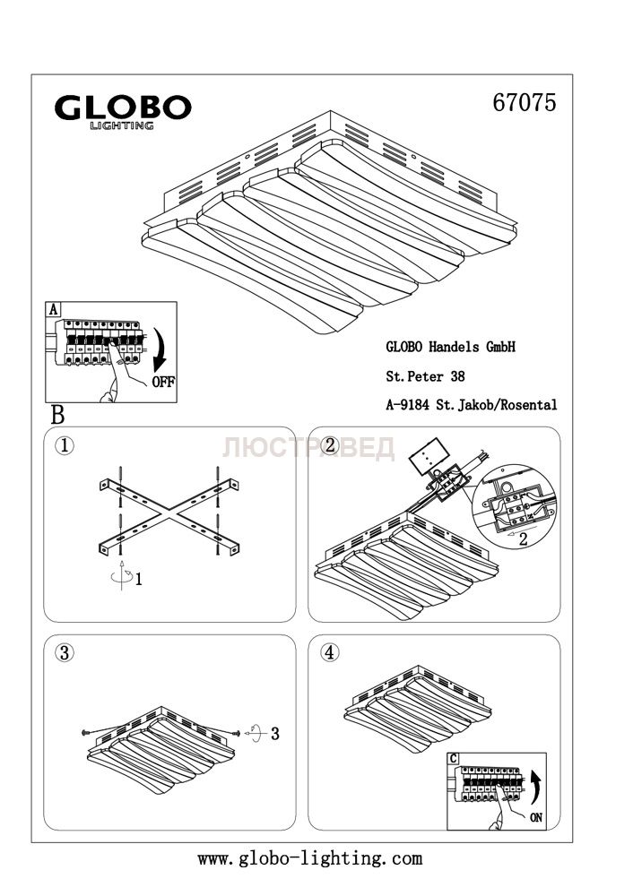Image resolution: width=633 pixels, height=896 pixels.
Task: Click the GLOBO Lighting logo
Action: coord(123,111)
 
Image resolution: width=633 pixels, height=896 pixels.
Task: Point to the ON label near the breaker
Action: coord(536,817)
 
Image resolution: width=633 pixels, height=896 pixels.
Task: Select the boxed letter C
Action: coord(454,759)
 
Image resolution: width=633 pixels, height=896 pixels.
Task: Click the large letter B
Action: coord(57,416)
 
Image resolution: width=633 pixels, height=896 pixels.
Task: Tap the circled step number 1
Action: coord(65,445)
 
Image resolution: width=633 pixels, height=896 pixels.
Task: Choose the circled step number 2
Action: coord(329,445)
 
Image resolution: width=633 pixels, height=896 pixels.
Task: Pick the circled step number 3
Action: coord(65,652)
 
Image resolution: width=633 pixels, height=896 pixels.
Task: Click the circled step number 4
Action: coord(329,652)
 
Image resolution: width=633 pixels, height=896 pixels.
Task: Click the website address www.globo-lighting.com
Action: coord(309,858)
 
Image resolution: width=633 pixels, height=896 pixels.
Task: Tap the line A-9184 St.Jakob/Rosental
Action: coord(472,405)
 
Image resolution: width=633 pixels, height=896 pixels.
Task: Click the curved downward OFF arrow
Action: coord(161,349)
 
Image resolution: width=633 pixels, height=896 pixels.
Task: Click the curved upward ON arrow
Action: coord(535,787)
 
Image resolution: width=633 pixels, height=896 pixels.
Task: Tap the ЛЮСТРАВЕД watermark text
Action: coord(308,448)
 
